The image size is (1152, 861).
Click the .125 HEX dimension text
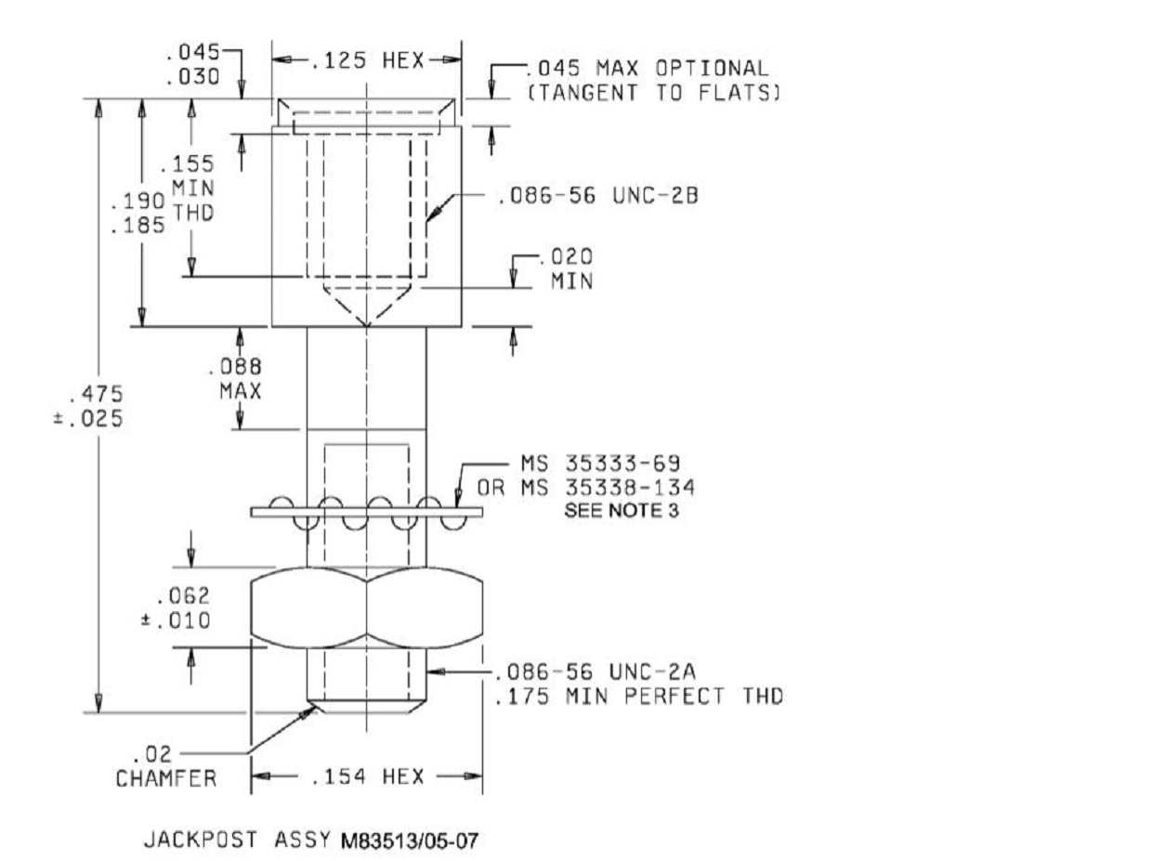367,60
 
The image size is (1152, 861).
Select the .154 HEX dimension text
367,776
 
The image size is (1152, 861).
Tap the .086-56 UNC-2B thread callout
597,196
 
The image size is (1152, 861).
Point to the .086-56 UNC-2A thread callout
596,672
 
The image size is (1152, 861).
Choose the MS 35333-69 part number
600,463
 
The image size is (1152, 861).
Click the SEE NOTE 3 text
622,511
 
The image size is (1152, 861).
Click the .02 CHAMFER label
166,766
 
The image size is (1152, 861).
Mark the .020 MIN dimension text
569,268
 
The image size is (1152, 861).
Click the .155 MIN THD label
188,188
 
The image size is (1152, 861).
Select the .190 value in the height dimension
138,201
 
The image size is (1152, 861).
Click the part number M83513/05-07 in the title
410,841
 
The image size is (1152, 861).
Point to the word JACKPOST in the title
201,840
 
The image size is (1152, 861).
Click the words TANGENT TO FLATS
654,93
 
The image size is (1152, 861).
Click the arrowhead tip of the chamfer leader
317,706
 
